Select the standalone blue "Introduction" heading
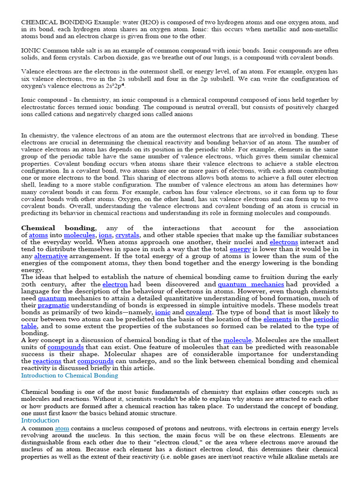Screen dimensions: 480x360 pos(40,420)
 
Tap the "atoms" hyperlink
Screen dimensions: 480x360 pos(38,235)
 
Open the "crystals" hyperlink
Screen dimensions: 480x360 pos(128,235)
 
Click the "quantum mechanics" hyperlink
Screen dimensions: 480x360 pos(251,284)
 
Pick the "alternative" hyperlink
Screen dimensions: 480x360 pos(51,256)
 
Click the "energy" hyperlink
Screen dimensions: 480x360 pos(240,249)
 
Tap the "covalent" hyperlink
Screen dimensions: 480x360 pos(199,312)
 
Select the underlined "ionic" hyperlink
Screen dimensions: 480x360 pos(163,312)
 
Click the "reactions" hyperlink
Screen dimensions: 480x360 pos(47,361)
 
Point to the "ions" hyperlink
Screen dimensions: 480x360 pos(105,235)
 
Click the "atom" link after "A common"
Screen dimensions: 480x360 pos(62,428)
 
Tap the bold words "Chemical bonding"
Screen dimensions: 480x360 pos(58,228)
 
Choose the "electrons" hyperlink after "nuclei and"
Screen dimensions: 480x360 pos(284,242)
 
